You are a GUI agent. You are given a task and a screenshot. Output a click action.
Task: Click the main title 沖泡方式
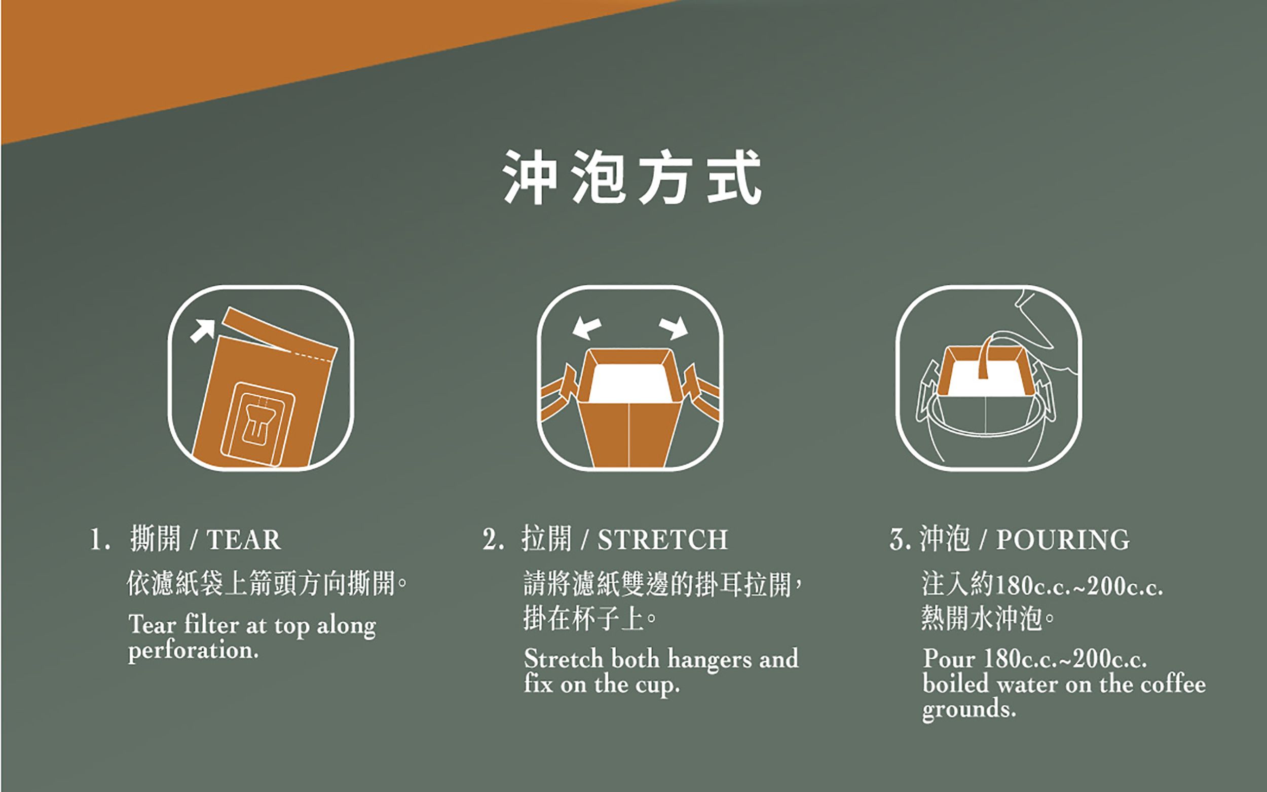[x=632, y=176]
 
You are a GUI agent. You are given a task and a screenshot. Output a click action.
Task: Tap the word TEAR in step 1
[x=244, y=540]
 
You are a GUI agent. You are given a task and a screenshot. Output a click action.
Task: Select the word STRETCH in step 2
[x=662, y=540]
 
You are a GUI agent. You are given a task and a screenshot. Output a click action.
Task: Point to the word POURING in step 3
[x=1063, y=540]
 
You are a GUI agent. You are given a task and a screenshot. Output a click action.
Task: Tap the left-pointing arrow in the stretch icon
[x=587, y=328]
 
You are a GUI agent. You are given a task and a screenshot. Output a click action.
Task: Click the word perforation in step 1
[x=193, y=651]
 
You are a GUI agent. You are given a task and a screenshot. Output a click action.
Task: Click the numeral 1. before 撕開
[x=99, y=540]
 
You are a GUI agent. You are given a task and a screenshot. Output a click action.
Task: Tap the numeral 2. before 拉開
[x=493, y=540]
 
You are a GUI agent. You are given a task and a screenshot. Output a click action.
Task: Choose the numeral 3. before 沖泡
[x=900, y=540]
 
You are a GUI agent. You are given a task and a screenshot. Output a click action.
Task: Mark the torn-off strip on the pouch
[x=279, y=334]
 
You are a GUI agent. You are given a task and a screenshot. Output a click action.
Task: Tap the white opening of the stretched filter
[x=627, y=384]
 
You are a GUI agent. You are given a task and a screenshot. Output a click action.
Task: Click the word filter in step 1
[x=212, y=625]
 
